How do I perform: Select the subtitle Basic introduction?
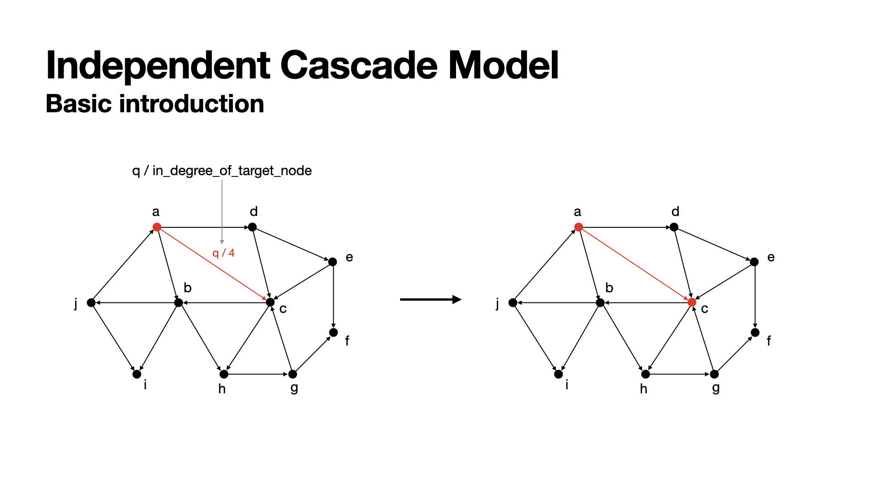click(x=155, y=104)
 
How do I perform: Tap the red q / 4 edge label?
click(x=223, y=253)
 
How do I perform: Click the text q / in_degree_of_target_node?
click(x=222, y=170)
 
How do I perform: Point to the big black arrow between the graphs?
click(x=430, y=300)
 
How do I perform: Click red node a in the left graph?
click(x=157, y=227)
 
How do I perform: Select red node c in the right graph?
click(x=692, y=302)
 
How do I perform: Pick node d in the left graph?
click(x=252, y=227)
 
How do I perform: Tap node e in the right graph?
click(x=754, y=262)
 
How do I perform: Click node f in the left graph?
click(x=334, y=332)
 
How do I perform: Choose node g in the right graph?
click(x=714, y=374)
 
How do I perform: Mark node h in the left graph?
click(x=224, y=374)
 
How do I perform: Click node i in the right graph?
click(x=558, y=374)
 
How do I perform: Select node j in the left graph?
click(x=91, y=302)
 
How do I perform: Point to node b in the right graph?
click(x=600, y=302)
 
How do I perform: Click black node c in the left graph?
click(x=270, y=302)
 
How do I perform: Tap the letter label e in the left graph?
click(x=349, y=257)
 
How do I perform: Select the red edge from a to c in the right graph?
click(x=635, y=264)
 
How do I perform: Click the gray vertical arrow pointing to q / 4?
click(x=222, y=211)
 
